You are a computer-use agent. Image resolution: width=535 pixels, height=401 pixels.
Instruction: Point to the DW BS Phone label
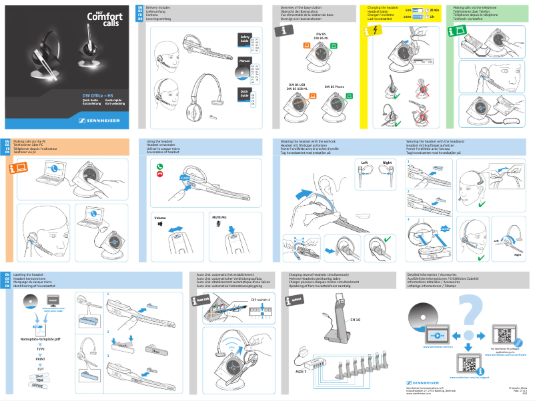click(334, 87)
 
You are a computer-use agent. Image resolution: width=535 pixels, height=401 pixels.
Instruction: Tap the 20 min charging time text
click(434, 11)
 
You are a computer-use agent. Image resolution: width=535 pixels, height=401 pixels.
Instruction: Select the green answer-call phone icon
click(159, 165)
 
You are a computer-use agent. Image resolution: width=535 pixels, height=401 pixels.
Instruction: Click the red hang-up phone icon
click(159, 174)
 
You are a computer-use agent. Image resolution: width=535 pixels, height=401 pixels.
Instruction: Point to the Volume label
click(160, 218)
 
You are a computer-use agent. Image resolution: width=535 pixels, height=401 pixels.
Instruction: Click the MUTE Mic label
click(219, 218)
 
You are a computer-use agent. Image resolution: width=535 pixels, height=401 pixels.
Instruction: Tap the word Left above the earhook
click(364, 163)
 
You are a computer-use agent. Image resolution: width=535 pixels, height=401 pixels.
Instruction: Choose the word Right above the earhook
click(387, 163)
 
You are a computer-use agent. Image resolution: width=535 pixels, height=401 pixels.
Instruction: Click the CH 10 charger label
click(355, 320)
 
